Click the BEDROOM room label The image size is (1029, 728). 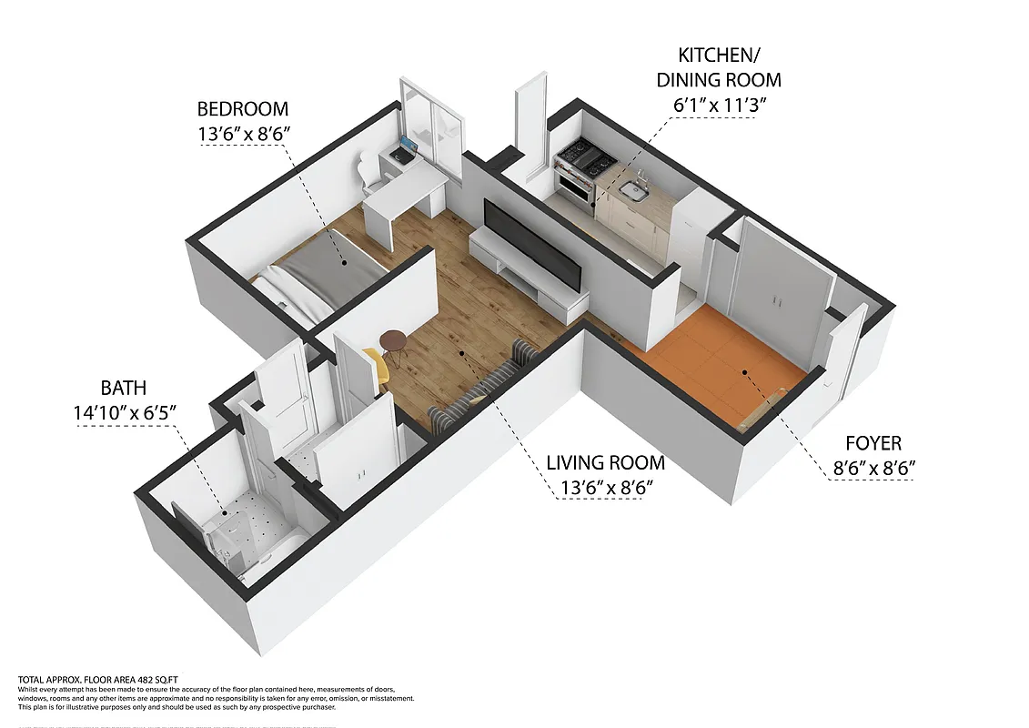(x=243, y=109)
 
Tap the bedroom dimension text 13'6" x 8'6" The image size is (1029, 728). (x=243, y=135)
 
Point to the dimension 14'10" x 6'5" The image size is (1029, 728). (x=124, y=413)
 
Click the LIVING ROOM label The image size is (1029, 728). (x=605, y=463)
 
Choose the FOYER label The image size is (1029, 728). (x=873, y=443)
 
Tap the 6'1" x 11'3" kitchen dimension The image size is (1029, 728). (x=719, y=105)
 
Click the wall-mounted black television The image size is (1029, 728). (x=531, y=240)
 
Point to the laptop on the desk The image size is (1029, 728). (x=407, y=147)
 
